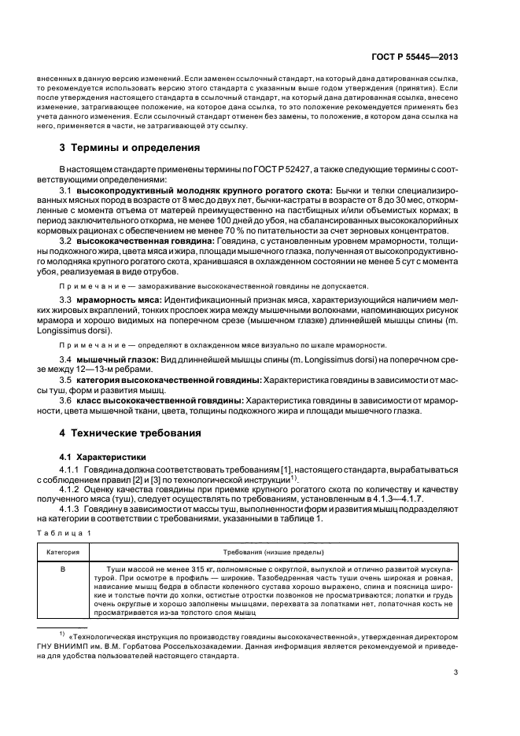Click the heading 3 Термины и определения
pyautogui.click(x=129, y=148)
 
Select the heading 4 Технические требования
pyautogui.click(x=131, y=433)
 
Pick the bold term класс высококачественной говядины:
pyautogui.click(x=158, y=400)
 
